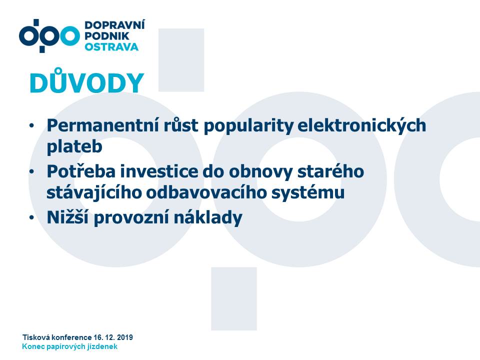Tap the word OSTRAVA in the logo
pyautogui.click(x=111, y=47)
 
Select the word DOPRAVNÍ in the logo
pyautogui.click(x=115, y=25)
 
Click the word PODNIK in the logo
pyautogui.click(x=107, y=36)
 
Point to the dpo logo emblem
pyautogui.click(x=49, y=36)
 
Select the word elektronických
pyautogui.click(x=361, y=126)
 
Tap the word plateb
pyautogui.click(x=74, y=146)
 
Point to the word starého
pyautogui.click(x=330, y=171)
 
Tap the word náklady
pyautogui.click(x=208, y=217)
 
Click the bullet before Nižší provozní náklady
pyautogui.click(x=31, y=217)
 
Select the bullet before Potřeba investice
pyautogui.click(x=31, y=171)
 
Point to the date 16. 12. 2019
pyautogui.click(x=113, y=337)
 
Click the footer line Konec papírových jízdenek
pyautogui.click(x=70, y=346)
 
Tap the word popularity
pyautogui.click(x=248, y=126)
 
